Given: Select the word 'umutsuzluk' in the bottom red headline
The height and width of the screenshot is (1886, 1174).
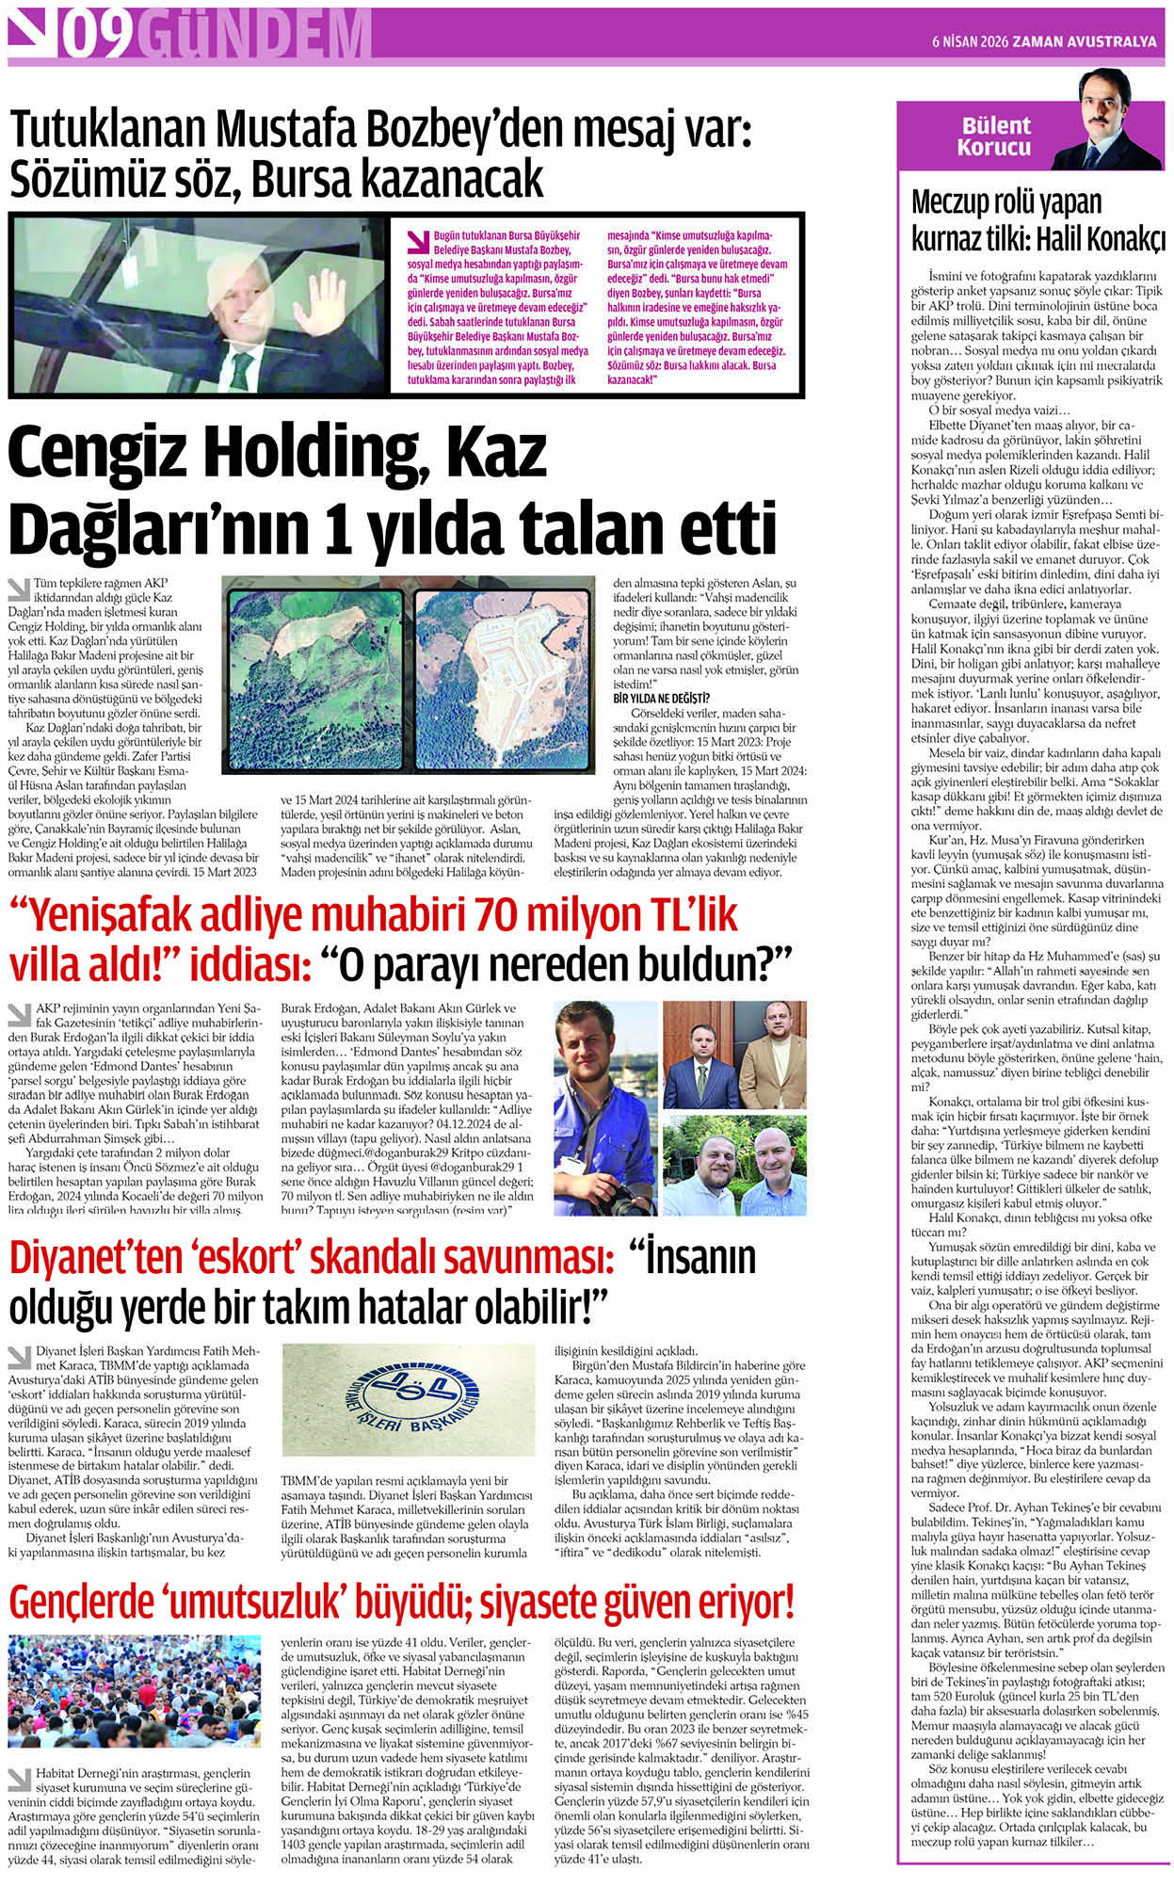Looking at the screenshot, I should coord(311,1601).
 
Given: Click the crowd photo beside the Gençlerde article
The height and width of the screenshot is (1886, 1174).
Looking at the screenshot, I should coord(134,1691).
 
